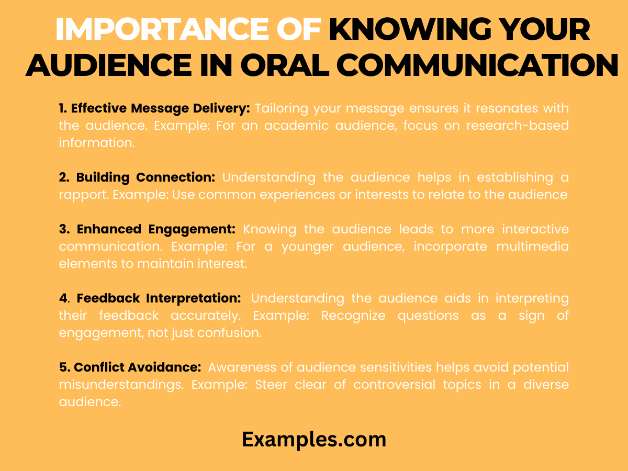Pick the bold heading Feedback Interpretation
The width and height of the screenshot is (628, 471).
159,298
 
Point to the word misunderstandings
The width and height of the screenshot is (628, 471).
122,385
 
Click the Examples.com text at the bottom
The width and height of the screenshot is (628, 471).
314,440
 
